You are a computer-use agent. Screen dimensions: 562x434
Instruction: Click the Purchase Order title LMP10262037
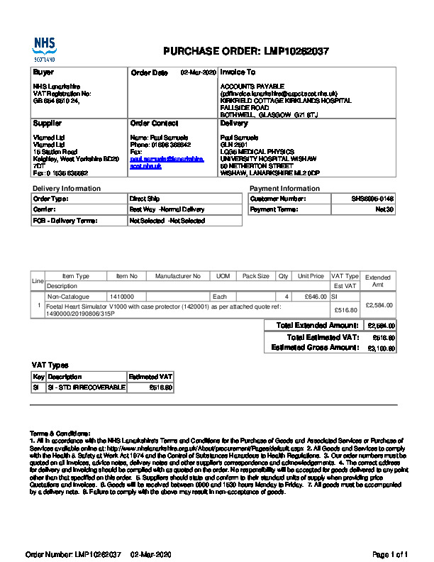tap(245, 51)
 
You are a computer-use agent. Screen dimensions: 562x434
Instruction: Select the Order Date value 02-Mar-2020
tap(198, 72)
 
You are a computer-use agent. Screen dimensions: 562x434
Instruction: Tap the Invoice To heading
tap(238, 72)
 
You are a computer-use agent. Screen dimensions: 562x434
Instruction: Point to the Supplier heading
tap(48, 123)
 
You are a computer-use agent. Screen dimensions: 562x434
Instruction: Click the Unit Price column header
tap(311, 276)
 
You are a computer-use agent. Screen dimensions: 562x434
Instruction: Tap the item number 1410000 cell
tap(123, 296)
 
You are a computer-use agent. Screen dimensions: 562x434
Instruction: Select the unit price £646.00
tap(315, 296)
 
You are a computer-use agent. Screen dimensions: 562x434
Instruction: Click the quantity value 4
tap(286, 296)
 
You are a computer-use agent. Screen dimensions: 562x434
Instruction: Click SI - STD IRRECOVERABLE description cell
tap(86, 387)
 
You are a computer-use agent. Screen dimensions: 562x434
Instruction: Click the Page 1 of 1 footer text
tap(390, 553)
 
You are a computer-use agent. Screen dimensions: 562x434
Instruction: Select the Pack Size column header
tap(255, 276)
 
